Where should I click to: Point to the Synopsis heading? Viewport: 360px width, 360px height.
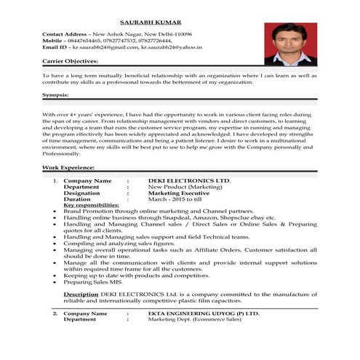click(56, 95)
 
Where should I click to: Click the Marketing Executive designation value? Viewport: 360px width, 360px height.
click(180, 192)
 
